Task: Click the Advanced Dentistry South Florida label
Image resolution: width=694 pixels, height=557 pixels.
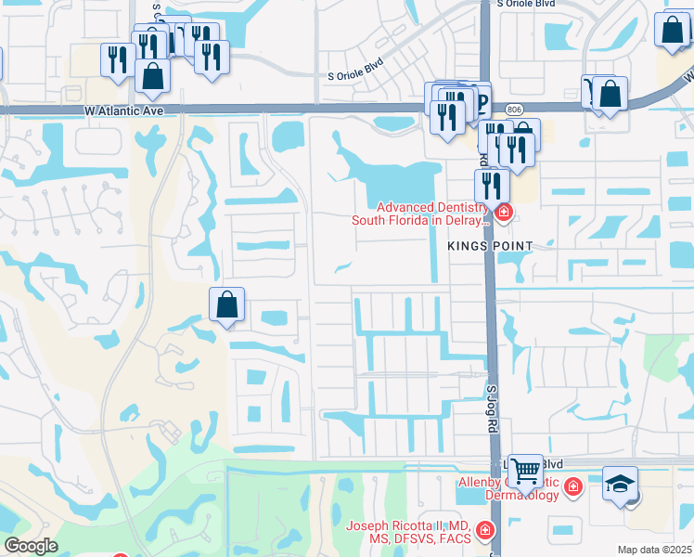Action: (x=419, y=214)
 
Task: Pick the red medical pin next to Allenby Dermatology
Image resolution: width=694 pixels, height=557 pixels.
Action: (x=573, y=486)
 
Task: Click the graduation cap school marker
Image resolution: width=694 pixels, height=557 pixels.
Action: (x=620, y=484)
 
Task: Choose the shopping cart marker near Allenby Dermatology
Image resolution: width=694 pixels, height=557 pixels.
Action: (x=525, y=471)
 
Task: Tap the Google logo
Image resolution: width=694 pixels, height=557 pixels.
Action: (x=31, y=546)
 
